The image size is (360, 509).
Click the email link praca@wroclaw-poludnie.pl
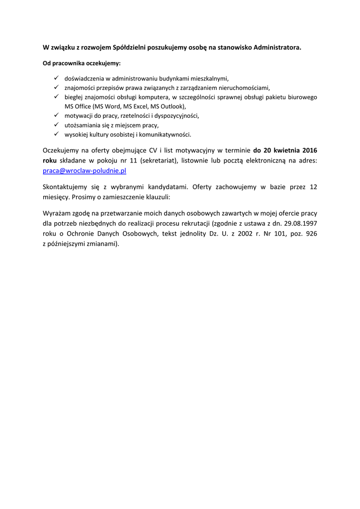[x=85, y=170]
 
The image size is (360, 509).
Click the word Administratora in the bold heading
[x=277, y=48]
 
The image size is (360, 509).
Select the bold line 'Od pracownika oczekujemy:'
[x=82, y=64]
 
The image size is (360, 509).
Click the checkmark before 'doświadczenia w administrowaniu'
[x=56, y=78]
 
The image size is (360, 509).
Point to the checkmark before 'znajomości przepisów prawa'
[x=56, y=87]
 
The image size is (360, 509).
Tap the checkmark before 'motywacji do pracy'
[x=56, y=115]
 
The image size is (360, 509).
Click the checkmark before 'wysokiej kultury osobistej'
[x=56, y=134]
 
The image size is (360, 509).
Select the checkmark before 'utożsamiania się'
[x=56, y=125]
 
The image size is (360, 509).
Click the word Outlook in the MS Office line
[x=172, y=106]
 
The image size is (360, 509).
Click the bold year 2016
[x=308, y=151]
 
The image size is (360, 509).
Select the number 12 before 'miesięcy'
[x=313, y=187]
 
